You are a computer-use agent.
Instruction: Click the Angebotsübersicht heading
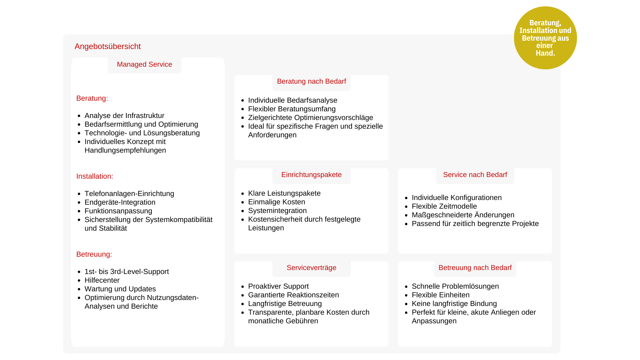coord(107,46)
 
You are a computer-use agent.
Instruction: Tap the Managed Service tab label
coord(144,64)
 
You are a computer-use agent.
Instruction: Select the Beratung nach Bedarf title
coord(311,81)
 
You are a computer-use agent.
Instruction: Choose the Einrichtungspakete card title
coord(311,175)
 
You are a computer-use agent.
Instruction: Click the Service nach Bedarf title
coord(475,175)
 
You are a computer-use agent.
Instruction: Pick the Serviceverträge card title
coord(311,268)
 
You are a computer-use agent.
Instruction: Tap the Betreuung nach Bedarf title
coord(475,268)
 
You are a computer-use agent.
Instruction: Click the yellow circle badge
coord(545,38)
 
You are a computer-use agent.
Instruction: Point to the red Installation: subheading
coord(95,176)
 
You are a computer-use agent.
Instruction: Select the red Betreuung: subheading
coord(94,254)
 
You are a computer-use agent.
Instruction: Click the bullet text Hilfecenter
coord(102,280)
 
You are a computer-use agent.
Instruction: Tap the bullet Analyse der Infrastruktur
coord(124,116)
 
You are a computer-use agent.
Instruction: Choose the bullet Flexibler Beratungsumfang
coord(292,109)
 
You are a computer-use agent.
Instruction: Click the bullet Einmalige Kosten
coord(276,202)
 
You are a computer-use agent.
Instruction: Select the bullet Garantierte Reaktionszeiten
coord(293,295)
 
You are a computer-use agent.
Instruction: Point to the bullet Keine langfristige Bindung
coord(454,304)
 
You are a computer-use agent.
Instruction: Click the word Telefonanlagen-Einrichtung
coord(129,194)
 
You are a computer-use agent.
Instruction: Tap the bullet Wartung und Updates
coord(120,289)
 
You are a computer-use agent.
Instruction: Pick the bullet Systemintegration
coord(277,211)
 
